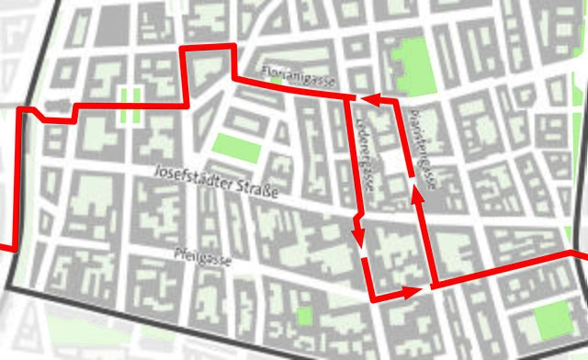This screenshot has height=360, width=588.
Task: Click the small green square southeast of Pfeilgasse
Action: click(x=304, y=315)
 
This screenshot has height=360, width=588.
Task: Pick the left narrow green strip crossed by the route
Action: click(x=124, y=106)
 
